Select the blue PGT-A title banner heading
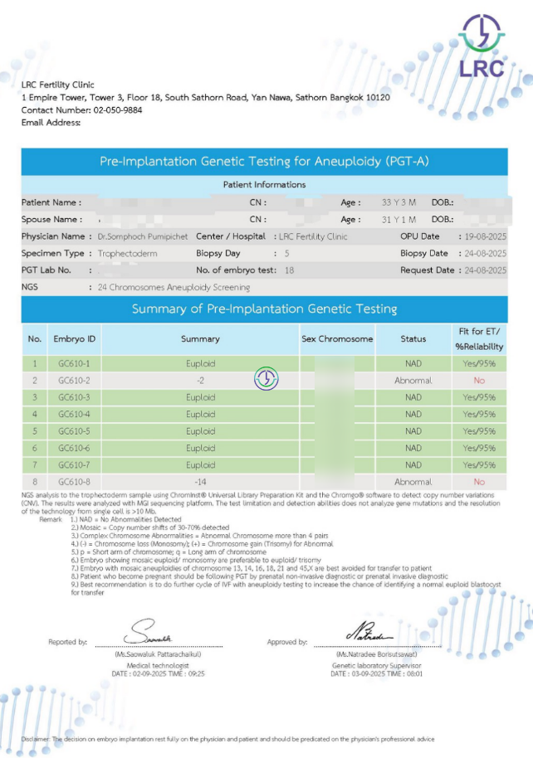(264, 161)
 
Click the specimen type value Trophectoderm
(128, 253)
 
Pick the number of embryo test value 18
(289, 270)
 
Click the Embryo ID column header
(75, 338)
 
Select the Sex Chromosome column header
(338, 338)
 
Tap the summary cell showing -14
(200, 482)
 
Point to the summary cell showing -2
(200, 381)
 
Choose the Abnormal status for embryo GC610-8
(413, 482)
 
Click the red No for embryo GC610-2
(479, 381)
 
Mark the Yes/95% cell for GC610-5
(479, 431)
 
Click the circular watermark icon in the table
(266, 379)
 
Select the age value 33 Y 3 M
(399, 202)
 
